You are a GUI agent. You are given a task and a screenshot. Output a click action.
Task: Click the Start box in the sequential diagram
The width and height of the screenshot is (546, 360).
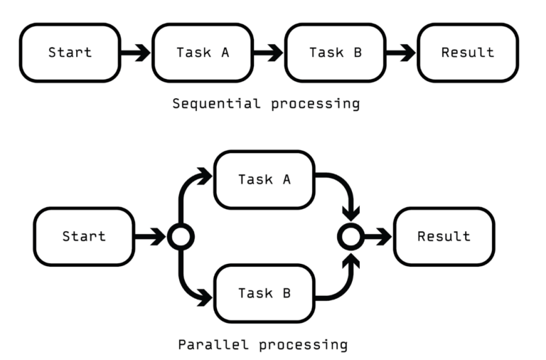click(69, 53)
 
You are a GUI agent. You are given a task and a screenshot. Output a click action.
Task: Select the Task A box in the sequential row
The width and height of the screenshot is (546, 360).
click(203, 53)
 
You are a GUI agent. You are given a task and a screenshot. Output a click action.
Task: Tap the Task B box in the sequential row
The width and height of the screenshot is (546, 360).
click(335, 53)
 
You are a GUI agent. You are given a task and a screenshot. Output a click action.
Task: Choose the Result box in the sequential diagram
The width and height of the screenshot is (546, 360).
click(467, 53)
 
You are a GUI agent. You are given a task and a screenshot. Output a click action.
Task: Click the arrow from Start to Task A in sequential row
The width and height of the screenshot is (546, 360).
click(136, 53)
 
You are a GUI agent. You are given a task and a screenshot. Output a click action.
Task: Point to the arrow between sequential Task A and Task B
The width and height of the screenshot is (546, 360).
click(269, 53)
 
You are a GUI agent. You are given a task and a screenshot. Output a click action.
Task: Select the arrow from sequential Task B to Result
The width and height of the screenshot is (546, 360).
click(401, 53)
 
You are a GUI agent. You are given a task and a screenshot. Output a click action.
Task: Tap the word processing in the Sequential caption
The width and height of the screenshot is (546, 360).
click(315, 104)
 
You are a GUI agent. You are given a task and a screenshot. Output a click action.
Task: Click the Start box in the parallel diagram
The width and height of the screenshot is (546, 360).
click(83, 236)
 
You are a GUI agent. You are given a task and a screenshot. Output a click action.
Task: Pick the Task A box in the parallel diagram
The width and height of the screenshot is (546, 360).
click(264, 179)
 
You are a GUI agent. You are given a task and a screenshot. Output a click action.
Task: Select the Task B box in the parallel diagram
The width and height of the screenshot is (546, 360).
click(264, 293)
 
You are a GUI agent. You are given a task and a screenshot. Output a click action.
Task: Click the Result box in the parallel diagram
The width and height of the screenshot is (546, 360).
click(444, 236)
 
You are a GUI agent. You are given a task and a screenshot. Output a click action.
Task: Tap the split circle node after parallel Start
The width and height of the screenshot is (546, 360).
click(180, 237)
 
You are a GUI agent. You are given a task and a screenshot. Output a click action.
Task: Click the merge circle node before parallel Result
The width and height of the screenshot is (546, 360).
click(350, 237)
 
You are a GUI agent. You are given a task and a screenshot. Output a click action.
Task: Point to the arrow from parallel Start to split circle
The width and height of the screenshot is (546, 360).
click(150, 237)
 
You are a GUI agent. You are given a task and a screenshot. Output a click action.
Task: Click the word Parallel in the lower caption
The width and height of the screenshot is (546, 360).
click(207, 345)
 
